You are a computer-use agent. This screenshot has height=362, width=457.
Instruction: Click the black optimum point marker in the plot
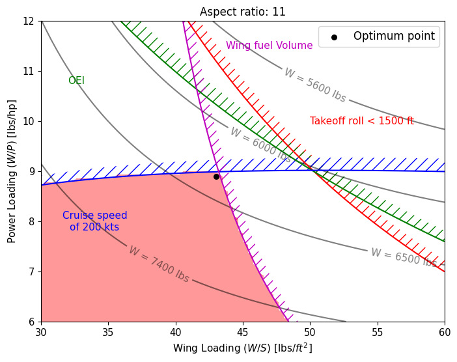[x=216, y=176]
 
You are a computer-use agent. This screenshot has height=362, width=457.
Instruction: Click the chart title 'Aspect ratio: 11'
[x=242, y=12]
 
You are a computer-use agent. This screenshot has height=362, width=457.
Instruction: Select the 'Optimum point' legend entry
[x=393, y=36]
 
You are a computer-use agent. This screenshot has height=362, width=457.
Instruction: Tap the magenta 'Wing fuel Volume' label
[x=269, y=46]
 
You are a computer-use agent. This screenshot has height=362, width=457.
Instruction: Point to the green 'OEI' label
[x=76, y=81]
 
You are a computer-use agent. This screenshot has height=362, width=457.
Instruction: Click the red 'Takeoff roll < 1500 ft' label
[x=361, y=121]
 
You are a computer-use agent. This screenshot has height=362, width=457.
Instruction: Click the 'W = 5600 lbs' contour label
[x=315, y=85]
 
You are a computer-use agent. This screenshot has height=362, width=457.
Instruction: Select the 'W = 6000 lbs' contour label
[x=260, y=145]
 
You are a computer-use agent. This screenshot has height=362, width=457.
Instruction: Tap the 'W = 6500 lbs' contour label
[x=403, y=258]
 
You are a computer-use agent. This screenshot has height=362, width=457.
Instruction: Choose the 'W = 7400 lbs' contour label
[x=159, y=264]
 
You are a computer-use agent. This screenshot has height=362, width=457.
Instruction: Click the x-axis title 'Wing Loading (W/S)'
[x=242, y=348]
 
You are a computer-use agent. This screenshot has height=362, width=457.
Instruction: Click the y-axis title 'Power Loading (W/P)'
[x=12, y=171]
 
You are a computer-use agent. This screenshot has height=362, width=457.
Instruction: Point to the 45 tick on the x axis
[x=243, y=331]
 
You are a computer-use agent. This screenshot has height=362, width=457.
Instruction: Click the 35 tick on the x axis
[x=108, y=331]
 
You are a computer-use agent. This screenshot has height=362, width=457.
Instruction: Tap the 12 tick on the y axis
[x=29, y=21]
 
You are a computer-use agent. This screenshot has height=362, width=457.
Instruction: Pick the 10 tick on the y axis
[x=29, y=121]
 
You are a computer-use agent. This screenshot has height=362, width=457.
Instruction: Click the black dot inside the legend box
[x=334, y=37]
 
